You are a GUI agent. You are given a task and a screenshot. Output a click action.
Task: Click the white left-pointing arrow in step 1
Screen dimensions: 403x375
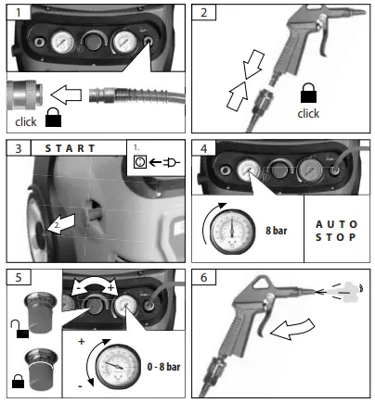[x=70, y=94]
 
